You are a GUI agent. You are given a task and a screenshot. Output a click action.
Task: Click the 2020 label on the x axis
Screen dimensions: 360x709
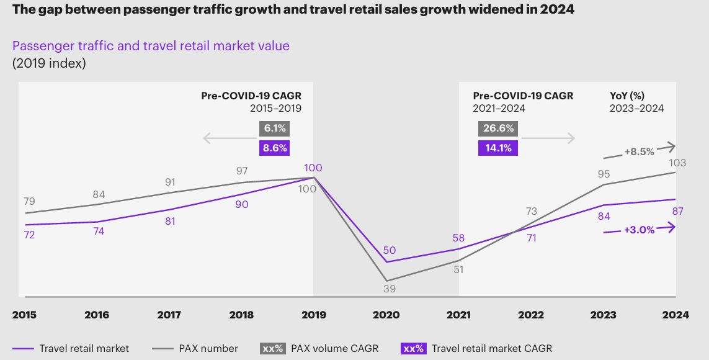386,315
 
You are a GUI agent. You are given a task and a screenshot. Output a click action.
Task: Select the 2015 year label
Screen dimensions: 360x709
24,315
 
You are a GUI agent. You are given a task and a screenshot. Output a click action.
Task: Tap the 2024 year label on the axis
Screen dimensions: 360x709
675,315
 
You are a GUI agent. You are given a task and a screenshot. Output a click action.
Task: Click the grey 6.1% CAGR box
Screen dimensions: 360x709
275,128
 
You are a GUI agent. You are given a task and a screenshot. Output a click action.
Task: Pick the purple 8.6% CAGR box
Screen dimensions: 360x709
275,148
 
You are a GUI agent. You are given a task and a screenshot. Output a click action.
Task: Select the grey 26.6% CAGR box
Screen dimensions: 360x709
499,128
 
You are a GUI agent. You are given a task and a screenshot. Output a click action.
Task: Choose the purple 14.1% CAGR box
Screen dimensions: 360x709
497,148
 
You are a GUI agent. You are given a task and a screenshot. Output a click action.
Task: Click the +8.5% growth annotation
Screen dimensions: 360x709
640,151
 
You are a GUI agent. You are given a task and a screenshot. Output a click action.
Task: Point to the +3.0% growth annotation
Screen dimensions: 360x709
639,230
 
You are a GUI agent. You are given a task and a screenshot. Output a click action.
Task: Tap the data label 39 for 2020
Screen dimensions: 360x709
389,289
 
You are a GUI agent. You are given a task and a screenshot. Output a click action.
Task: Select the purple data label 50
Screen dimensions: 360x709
389,250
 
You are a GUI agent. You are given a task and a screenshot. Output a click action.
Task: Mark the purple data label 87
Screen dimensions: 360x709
677,212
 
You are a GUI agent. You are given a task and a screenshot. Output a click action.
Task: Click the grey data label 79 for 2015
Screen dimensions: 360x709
29,201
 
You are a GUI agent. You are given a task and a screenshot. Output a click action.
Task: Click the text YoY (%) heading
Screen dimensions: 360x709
628,96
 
